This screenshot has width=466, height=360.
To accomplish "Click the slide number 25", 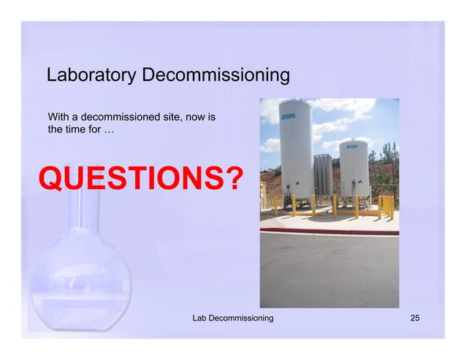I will point(416,318).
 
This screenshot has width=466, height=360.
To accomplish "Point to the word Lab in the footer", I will point(199,318).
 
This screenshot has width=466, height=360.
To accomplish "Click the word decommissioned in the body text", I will point(118,117).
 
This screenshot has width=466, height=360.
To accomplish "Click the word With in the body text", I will point(58,117).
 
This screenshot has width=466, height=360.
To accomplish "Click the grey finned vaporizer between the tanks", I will point(323,175).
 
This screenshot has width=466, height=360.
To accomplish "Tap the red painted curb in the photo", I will point(329,231).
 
